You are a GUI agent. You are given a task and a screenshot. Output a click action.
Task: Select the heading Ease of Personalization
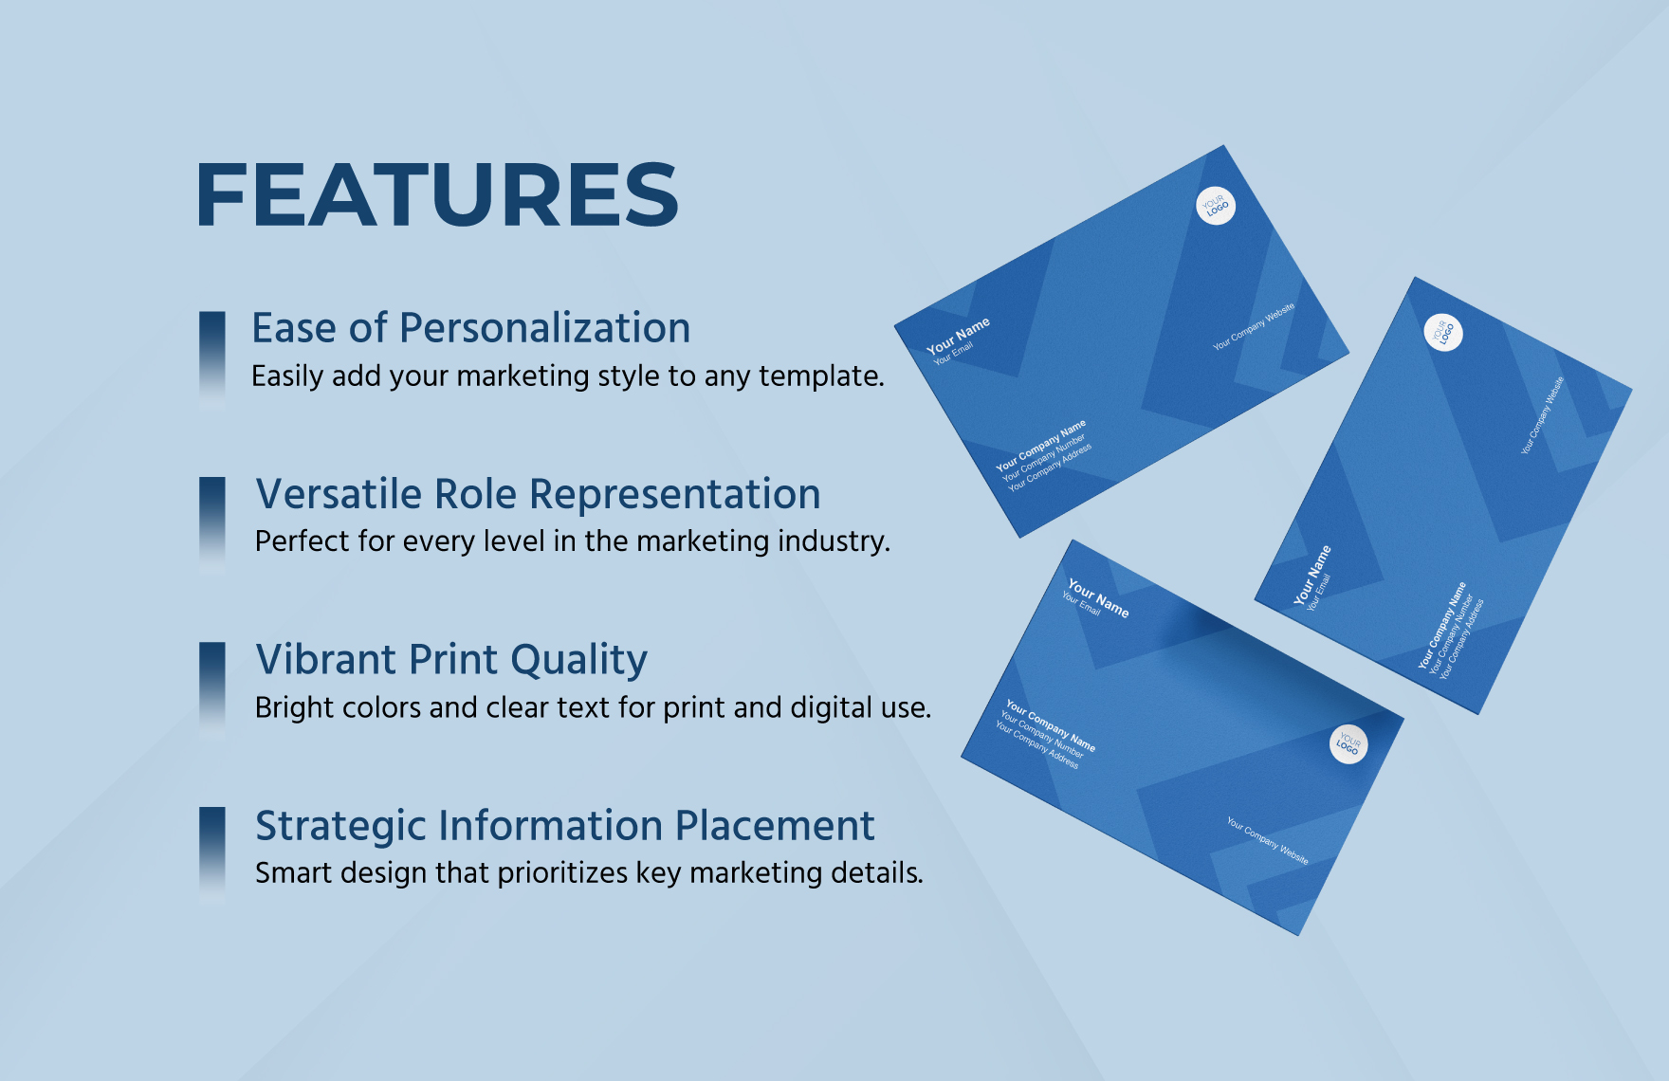470,328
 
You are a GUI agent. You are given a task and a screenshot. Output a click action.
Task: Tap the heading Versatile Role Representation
538,494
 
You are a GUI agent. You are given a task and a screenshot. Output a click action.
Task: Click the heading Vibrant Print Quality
451,659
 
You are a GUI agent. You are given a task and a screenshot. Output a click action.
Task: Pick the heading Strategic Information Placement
564,825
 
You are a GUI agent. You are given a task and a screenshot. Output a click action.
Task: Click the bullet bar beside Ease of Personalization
212,360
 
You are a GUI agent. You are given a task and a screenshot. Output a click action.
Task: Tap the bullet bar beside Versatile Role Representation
212,525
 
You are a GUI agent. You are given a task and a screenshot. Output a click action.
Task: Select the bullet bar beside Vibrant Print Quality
212,690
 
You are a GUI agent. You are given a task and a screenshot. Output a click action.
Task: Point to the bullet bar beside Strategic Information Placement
212,855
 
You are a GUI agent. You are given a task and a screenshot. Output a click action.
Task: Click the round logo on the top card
1216,205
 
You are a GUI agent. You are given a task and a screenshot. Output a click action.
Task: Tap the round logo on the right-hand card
1443,332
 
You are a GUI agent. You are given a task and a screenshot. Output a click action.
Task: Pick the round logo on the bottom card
1348,743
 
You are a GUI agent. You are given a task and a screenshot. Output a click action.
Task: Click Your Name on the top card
958,336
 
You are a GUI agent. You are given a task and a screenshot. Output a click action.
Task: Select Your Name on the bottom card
1098,598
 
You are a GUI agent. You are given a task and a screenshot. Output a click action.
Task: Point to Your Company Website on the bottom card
1267,841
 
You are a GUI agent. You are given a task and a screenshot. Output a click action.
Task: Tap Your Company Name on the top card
1040,446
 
